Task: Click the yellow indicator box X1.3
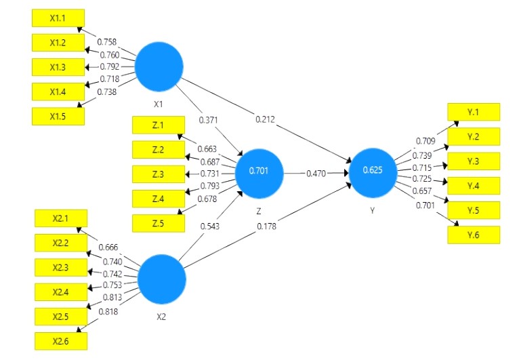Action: pos(58,67)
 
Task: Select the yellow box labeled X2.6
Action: pos(61,341)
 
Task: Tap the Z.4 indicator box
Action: pos(159,198)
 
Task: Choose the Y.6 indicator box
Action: pos(473,235)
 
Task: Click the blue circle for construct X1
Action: pos(159,66)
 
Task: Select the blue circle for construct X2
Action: pos(162,279)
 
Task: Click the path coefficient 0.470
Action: pos(316,174)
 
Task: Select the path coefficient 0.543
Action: pos(210,225)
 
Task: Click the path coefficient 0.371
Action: pos(209,119)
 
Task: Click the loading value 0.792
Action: pos(109,67)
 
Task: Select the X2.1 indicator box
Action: pos(61,219)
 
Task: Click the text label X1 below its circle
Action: pos(158,105)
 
